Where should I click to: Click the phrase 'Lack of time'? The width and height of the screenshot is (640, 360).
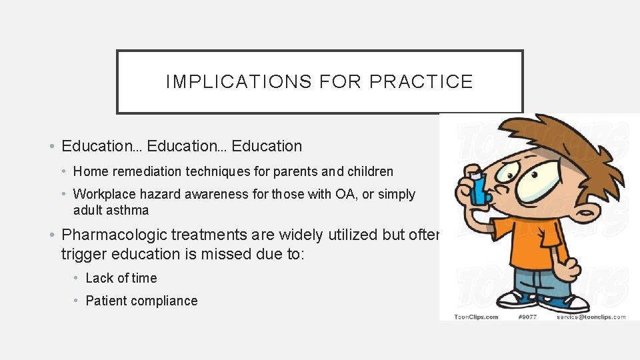(x=121, y=278)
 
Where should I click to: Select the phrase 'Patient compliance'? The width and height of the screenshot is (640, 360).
(x=141, y=301)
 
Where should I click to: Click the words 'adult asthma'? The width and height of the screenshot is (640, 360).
(x=111, y=210)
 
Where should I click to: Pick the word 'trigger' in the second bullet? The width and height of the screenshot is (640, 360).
(x=83, y=254)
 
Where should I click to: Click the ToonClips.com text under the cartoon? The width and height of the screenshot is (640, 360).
(x=476, y=317)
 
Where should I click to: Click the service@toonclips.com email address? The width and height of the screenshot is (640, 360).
(x=591, y=317)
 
